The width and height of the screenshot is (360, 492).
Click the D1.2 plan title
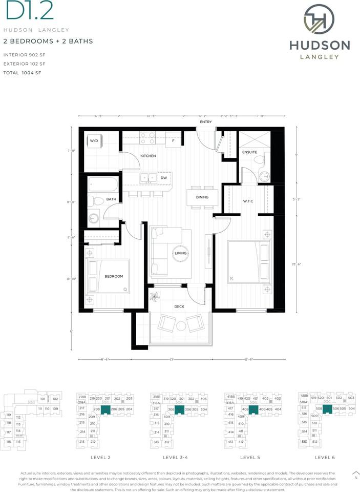coord(20,11)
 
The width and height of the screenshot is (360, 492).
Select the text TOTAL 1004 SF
coord(22,73)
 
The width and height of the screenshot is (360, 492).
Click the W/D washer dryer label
coord(94,140)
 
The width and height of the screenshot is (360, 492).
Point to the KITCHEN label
coord(148,156)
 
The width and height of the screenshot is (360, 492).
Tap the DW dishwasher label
coord(164,178)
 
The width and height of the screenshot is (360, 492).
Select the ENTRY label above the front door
coord(206,122)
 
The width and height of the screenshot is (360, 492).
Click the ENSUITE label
coord(250,153)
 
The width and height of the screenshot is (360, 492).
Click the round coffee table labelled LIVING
coord(181,253)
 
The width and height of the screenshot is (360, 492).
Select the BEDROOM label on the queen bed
coord(114,276)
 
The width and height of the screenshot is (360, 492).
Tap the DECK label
coord(179,306)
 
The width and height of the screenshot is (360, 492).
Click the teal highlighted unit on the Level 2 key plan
coord(105,409)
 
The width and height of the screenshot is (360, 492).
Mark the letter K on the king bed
coord(231,278)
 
